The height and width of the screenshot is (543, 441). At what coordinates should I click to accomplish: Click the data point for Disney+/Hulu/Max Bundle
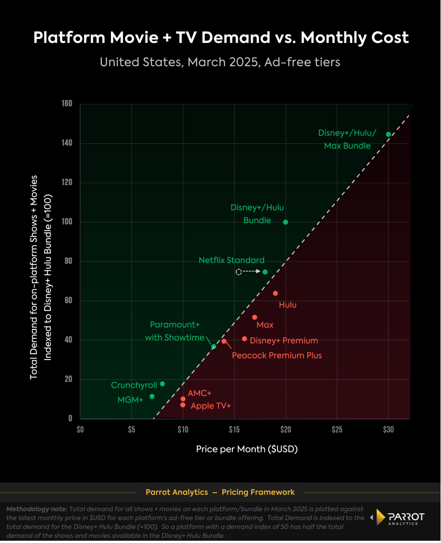coord(388,134)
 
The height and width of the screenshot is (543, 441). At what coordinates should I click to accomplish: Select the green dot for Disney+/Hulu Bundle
coord(286,222)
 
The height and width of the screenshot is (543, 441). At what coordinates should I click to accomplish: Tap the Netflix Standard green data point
coord(265,272)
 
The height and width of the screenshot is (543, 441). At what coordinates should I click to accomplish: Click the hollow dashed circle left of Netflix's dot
coord(239,272)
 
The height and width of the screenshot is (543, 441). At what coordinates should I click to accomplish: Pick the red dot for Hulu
coord(275,293)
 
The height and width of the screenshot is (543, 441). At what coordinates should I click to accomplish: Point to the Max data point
coord(254,317)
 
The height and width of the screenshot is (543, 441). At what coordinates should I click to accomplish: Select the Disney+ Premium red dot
coord(244,338)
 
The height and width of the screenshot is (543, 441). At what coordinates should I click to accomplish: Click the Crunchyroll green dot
coord(162,384)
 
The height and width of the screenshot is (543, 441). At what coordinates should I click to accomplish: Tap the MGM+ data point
coord(152,396)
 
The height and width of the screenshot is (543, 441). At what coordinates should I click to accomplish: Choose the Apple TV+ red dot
coord(183,405)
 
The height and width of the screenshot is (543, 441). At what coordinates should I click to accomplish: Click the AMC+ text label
coord(200,393)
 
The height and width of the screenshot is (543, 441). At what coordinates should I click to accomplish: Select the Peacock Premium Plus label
coord(276,355)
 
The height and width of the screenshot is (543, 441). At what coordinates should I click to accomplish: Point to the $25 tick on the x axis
coord(337,428)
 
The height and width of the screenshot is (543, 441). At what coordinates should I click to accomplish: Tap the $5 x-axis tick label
coord(132,428)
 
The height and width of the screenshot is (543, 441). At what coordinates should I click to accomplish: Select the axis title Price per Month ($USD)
coord(247,449)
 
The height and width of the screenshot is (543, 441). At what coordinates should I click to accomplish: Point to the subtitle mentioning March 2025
coord(220,62)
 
